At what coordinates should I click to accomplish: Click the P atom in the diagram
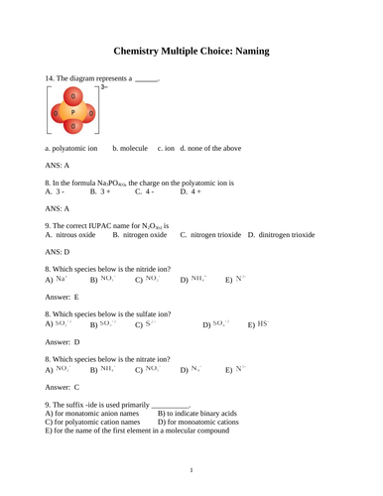[x=72, y=112]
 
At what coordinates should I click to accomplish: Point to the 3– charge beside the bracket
[x=102, y=88]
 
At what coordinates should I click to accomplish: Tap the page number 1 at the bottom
[x=191, y=469]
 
